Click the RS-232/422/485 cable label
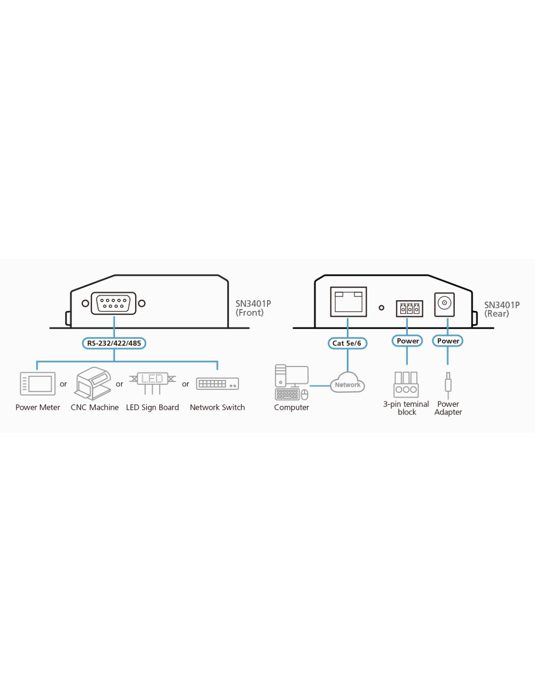tap(114, 343)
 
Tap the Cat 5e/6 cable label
tap(347, 343)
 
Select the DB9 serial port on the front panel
tap(114, 304)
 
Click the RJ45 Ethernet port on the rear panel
tap(349, 302)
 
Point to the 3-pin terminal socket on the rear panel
tap(410, 309)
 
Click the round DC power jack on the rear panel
tap(445, 305)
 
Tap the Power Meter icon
tap(37, 384)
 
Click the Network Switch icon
tap(217, 384)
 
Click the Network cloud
tap(347, 382)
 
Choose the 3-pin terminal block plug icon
tap(406, 384)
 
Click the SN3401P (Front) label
tap(253, 308)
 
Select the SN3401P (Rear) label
tap(501, 309)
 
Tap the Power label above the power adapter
tap(448, 341)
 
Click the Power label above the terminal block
tap(408, 341)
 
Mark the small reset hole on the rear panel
tap(381, 308)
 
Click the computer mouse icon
tap(304, 394)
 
